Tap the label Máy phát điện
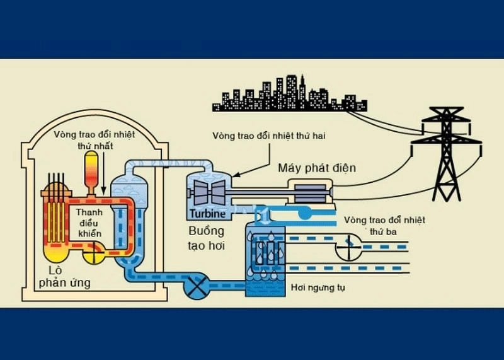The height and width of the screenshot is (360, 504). coord(318,168)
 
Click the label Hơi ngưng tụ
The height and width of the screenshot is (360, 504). coord(318,288)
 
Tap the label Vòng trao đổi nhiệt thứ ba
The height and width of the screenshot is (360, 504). coord(384,225)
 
